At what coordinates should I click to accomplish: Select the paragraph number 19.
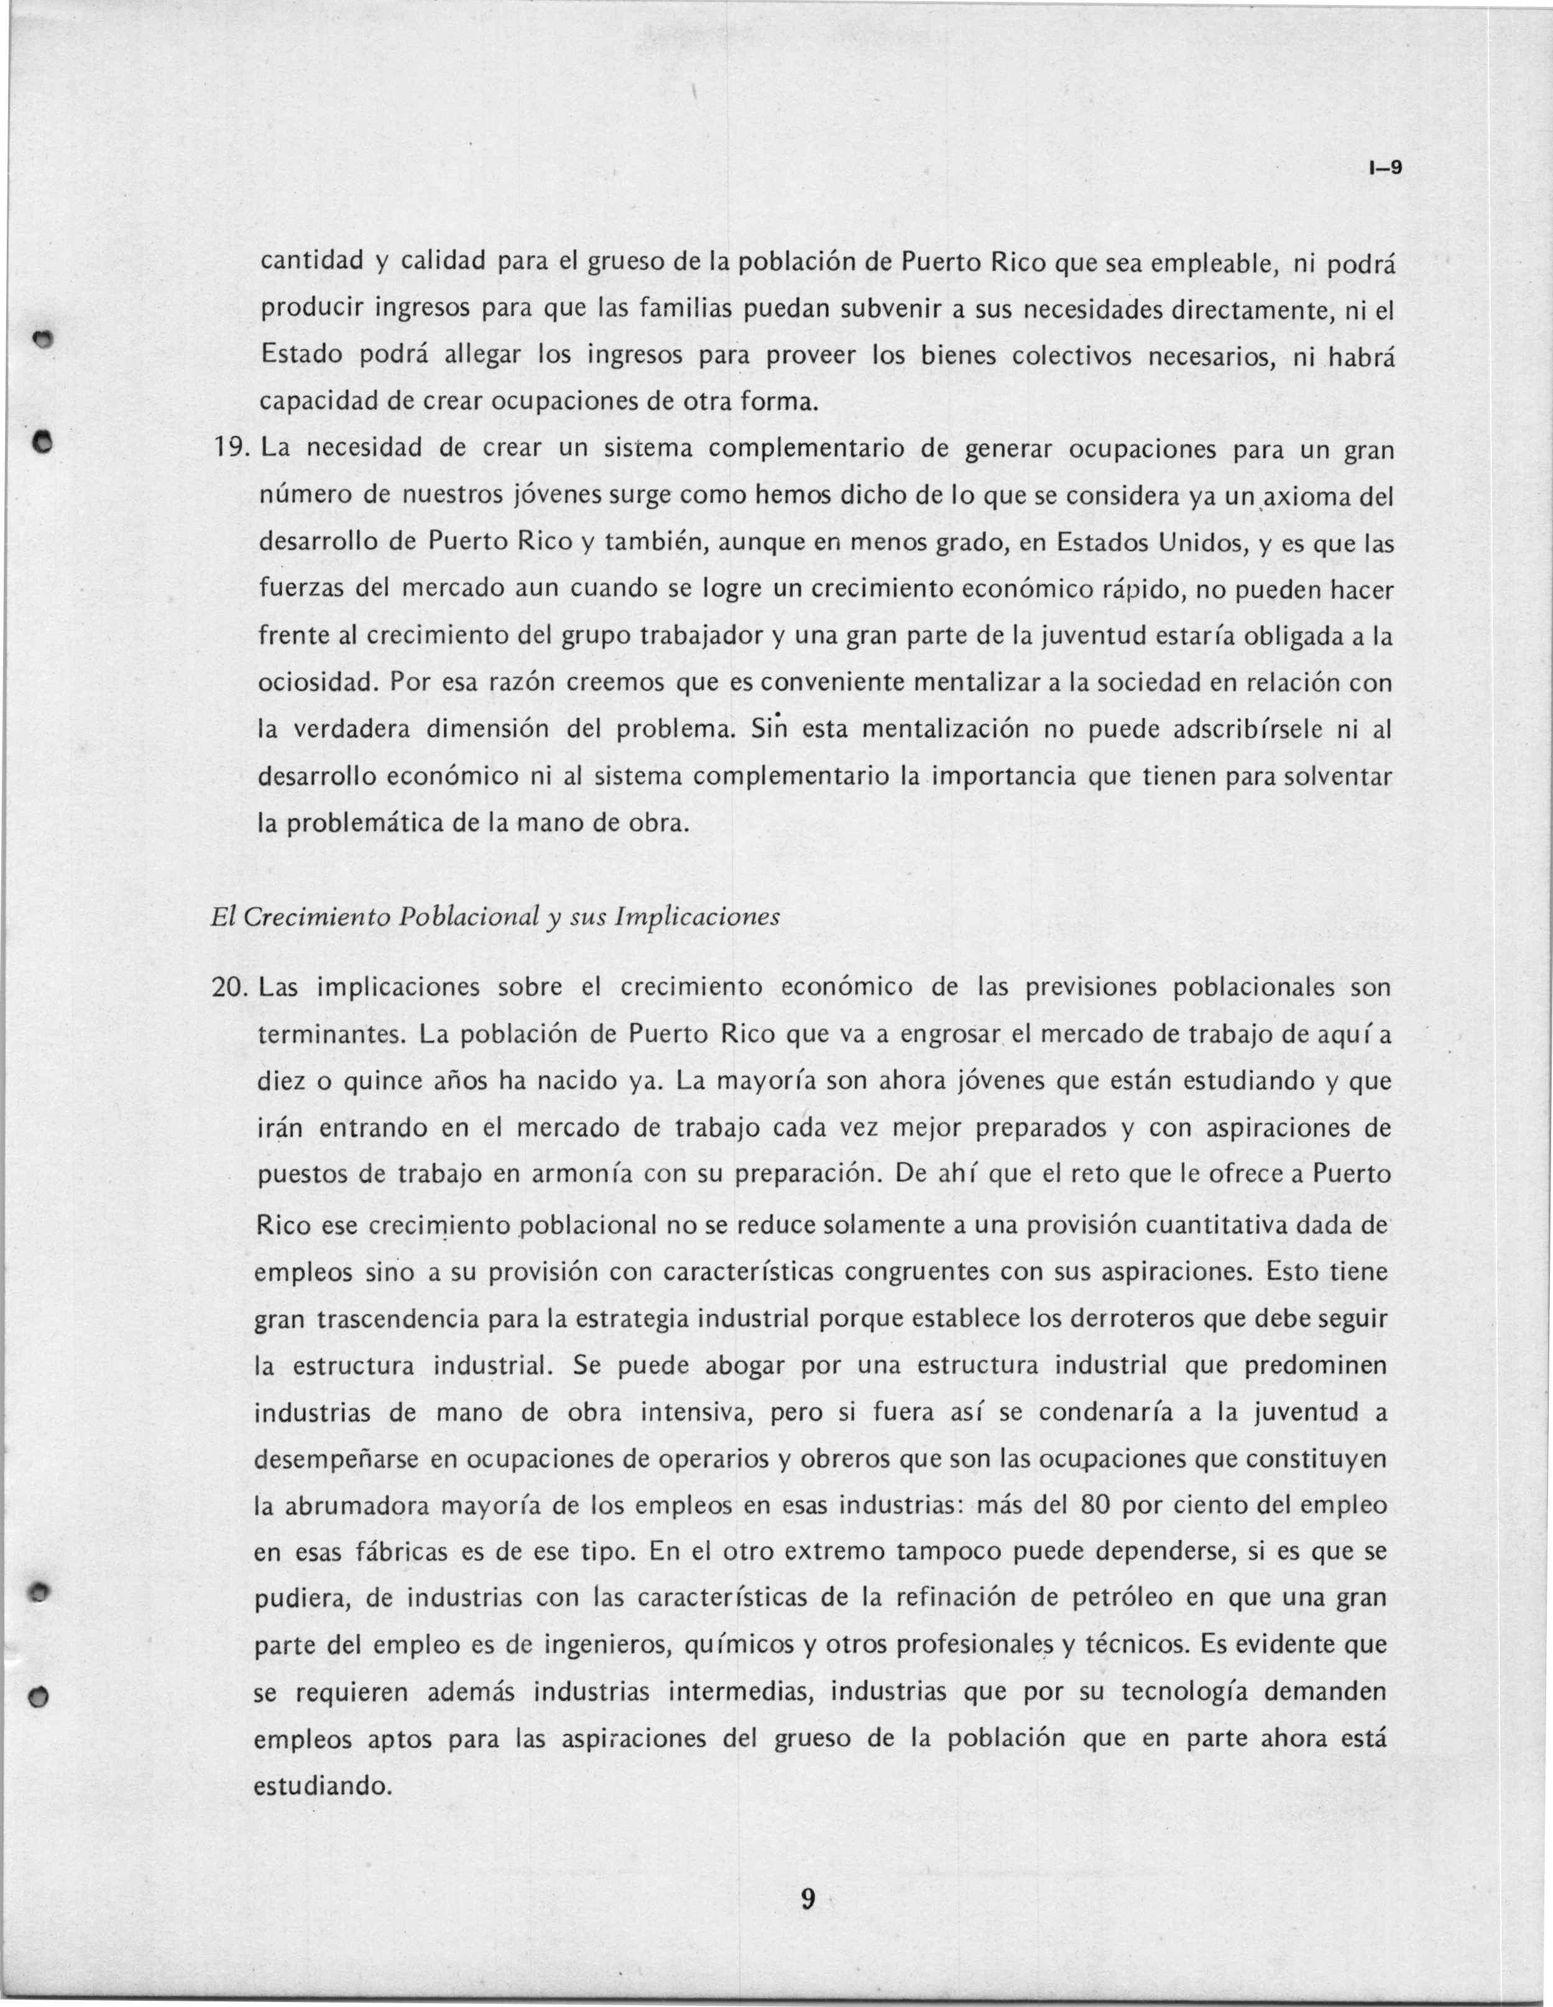coord(231,450)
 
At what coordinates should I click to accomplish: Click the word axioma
coord(1309,497)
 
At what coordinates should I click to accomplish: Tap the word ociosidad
coord(317,684)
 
